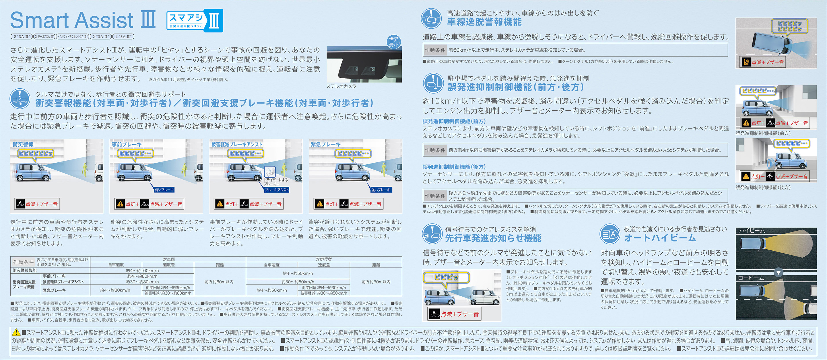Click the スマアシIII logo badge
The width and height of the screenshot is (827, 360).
(195, 21)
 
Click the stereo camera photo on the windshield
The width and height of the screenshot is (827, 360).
(364, 64)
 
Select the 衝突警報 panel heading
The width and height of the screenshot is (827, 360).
(23, 144)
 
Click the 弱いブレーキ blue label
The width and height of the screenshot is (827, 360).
(164, 190)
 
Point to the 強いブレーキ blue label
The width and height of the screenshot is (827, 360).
(381, 190)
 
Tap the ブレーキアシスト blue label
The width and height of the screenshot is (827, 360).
(276, 190)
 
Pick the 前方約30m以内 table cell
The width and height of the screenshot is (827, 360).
(376, 282)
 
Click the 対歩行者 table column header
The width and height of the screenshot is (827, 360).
(324, 259)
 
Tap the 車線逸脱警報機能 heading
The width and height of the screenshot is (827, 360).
(484, 22)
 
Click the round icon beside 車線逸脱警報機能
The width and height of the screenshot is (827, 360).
(432, 19)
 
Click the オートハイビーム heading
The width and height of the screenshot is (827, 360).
(660, 238)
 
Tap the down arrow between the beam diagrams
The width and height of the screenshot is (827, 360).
(778, 273)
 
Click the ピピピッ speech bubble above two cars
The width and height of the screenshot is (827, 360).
(446, 277)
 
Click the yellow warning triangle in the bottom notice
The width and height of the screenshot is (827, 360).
(16, 332)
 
